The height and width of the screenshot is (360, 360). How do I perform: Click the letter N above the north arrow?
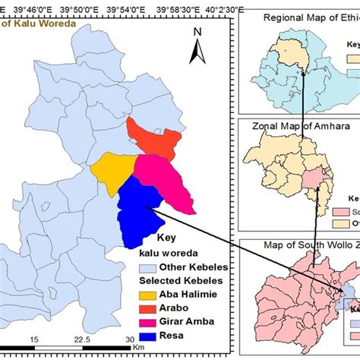[x=196, y=32]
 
